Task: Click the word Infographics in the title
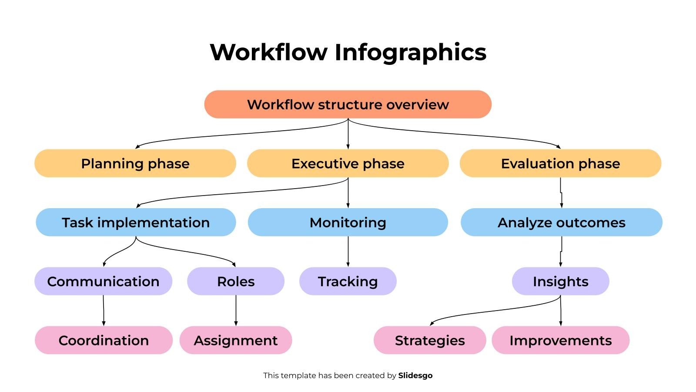coord(410,52)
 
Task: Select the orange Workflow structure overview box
coord(348,105)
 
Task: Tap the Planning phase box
coord(135,163)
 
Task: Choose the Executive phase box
coord(348,163)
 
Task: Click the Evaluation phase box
coord(560,163)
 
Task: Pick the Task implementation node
coord(136,222)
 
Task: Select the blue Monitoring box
coord(348,222)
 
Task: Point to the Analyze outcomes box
coord(561,222)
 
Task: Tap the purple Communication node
coord(103,281)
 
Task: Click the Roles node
coord(235,281)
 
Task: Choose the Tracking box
coord(348,281)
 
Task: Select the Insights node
coord(560,281)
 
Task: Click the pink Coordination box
coord(104,340)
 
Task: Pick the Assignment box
coord(235,340)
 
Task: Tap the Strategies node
coord(429,340)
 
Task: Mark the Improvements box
coord(560,340)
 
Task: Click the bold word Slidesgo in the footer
coord(415,375)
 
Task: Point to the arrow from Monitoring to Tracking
coord(348,252)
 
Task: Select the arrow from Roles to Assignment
coord(236,311)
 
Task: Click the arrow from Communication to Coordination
coord(104,311)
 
